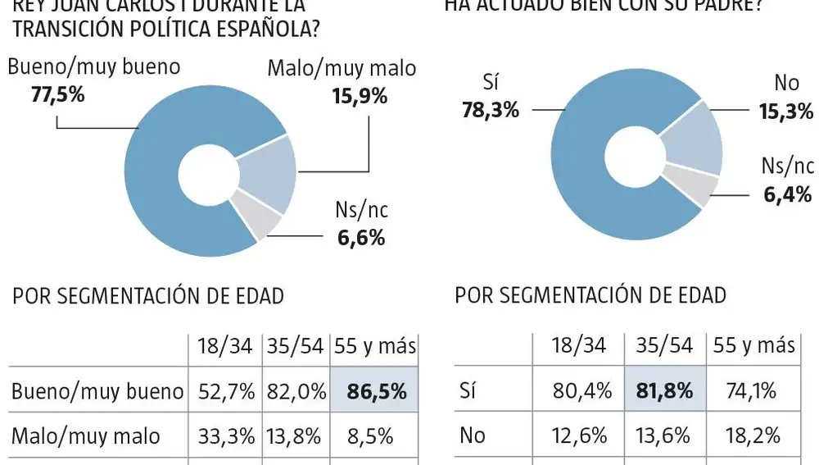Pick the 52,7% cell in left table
click(x=224, y=391)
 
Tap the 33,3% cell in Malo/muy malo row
click(x=224, y=435)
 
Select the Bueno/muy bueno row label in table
click(x=97, y=391)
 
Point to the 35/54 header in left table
click(x=295, y=347)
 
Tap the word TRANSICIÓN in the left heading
click(x=68, y=30)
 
